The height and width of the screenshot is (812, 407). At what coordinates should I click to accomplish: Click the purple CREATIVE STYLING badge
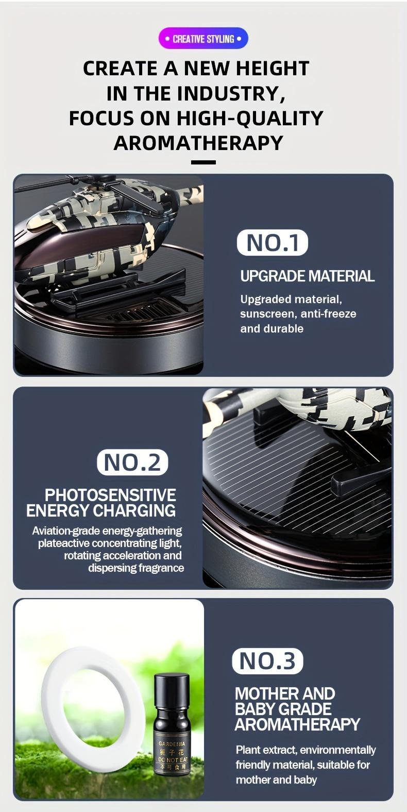[203, 39]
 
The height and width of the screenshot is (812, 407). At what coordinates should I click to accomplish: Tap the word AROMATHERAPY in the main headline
[198, 143]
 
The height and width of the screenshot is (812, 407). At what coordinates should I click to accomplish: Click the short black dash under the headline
[203, 162]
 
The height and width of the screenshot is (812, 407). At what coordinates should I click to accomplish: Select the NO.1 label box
[272, 243]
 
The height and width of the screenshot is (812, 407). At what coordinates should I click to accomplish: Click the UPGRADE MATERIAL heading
[307, 276]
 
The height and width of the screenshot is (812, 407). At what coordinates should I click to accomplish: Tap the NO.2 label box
[132, 462]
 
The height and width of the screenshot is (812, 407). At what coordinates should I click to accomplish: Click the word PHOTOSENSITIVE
[110, 495]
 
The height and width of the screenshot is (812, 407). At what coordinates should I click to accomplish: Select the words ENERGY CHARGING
[101, 511]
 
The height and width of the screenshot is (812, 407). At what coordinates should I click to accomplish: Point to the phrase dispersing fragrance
[136, 568]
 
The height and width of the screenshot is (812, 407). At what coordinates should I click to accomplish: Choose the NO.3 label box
[267, 661]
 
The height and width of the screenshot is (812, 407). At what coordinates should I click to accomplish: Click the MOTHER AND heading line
[285, 693]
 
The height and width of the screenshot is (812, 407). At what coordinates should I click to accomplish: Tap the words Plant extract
[266, 750]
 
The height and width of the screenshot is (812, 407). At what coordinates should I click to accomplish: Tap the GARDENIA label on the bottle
[172, 744]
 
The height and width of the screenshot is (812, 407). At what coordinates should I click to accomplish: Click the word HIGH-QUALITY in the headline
[250, 118]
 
